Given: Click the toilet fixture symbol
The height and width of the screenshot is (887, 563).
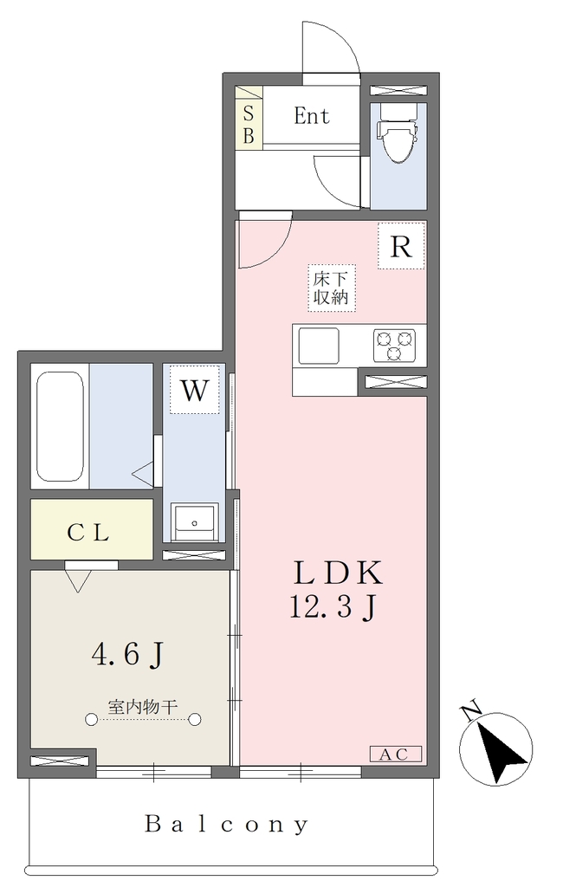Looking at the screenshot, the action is pos(399,133).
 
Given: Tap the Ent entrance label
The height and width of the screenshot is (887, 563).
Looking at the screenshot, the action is pos(311,116).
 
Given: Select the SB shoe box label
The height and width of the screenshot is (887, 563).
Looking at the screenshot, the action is pos(249,125).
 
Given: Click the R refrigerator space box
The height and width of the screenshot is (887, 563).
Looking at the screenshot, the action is pos(401,245).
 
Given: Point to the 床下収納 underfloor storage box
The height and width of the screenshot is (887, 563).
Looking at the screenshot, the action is pos(332,288).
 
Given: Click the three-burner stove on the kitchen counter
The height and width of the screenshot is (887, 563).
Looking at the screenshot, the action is pos(394,346).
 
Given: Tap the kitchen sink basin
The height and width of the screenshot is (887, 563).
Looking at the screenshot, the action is pos(319,346).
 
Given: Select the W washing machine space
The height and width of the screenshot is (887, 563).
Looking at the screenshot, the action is pos(194,389).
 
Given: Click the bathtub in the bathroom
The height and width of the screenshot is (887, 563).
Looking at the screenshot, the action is pos(60,426).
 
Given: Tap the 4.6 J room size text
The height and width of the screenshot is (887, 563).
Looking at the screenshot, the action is pos(128,655).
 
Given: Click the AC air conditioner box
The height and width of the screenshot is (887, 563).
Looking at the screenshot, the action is pos(396,754).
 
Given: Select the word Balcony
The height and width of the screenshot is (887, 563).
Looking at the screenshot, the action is pos(226,825).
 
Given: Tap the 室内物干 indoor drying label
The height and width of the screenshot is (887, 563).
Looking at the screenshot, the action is pos(143,707).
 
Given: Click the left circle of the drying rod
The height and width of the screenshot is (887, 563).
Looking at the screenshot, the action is pos(91,720).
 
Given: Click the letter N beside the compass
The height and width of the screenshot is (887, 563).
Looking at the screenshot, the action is pos(471,711).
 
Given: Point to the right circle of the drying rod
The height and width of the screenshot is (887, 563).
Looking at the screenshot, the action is pos(195,720).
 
